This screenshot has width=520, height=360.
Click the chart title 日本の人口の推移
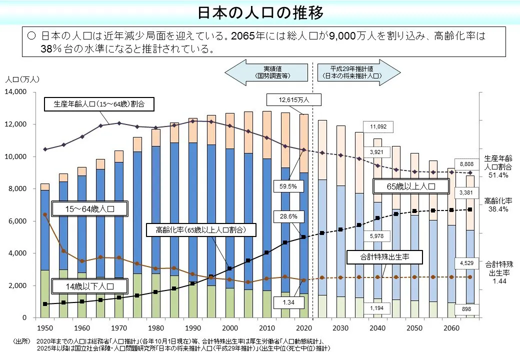coord(260,12)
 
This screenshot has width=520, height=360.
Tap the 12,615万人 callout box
coord(294,100)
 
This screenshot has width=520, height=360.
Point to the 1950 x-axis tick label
coord(44,327)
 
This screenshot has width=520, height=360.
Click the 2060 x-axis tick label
coord(451,327)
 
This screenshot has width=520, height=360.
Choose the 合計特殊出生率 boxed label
coord(385,257)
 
